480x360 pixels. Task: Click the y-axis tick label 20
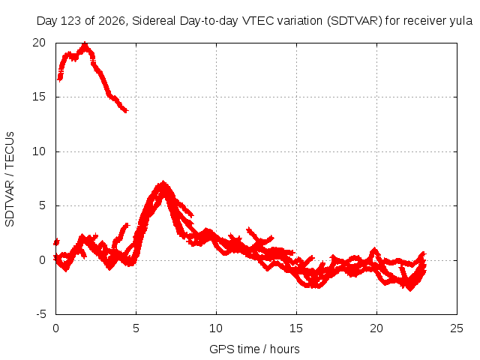click(39, 43)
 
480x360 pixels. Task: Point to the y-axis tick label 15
click(39, 97)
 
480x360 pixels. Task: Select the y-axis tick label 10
click(39, 151)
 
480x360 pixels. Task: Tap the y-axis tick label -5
click(41, 314)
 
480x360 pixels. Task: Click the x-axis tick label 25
click(457, 328)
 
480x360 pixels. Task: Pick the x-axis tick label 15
click(296, 328)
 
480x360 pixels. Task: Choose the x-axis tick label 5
click(136, 328)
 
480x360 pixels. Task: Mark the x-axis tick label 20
click(376, 328)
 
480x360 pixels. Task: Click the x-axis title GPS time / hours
click(254, 349)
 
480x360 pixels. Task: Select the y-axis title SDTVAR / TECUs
click(10, 179)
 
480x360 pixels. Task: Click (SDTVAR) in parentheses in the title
click(355, 21)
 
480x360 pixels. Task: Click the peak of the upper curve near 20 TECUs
click(85, 43)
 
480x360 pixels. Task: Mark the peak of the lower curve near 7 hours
click(163, 182)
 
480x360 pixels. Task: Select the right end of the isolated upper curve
click(127, 110)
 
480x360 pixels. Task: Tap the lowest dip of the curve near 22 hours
click(410, 289)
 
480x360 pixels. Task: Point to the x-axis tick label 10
click(216, 328)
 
